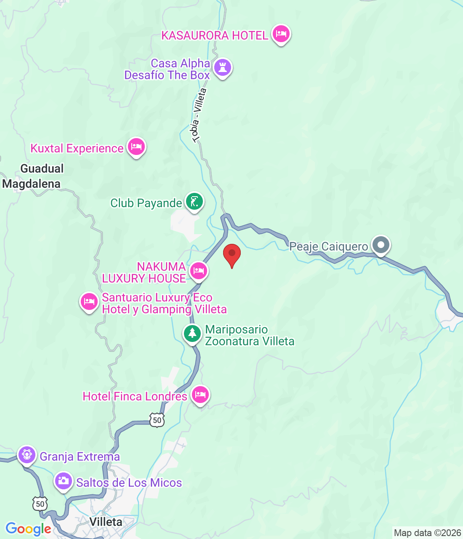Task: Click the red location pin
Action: (231, 254)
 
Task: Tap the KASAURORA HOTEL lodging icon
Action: (281, 34)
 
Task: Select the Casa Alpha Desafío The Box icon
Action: (222, 67)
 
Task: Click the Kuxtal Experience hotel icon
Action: (136, 147)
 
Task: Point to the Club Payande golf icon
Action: (194, 202)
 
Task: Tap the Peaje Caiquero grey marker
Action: (381, 245)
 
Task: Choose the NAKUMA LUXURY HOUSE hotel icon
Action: (198, 271)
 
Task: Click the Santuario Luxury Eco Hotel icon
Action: (89, 302)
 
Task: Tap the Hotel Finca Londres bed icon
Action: (200, 395)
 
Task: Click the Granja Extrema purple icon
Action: (27, 455)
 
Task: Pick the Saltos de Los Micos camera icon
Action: (64, 481)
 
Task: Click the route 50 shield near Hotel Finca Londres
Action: (157, 420)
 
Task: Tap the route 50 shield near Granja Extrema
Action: (40, 504)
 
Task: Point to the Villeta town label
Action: (106, 522)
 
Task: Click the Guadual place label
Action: (42, 168)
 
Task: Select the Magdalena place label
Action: (32, 184)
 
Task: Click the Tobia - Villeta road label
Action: (199, 115)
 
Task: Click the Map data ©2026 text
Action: (427, 533)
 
